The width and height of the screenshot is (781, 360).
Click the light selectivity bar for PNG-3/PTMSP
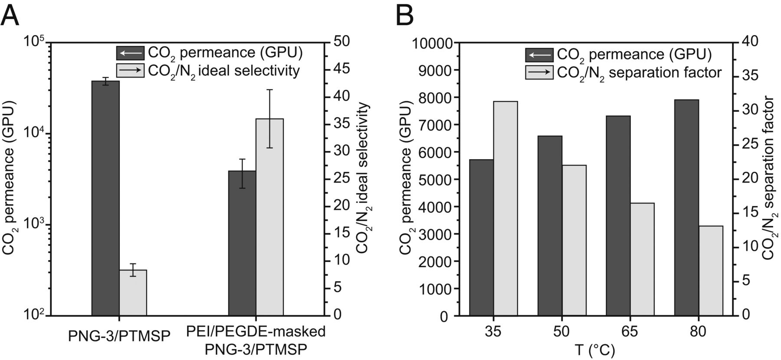[x=133, y=292]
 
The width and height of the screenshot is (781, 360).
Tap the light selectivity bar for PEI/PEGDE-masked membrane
[x=269, y=217]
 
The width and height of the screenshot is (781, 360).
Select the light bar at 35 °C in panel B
[x=505, y=208]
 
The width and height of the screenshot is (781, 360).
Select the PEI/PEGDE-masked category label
[x=256, y=340]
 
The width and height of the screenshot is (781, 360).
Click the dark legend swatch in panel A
[x=130, y=53]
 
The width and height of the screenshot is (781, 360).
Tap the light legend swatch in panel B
[x=539, y=72]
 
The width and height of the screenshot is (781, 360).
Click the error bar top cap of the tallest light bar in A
[x=269, y=90]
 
